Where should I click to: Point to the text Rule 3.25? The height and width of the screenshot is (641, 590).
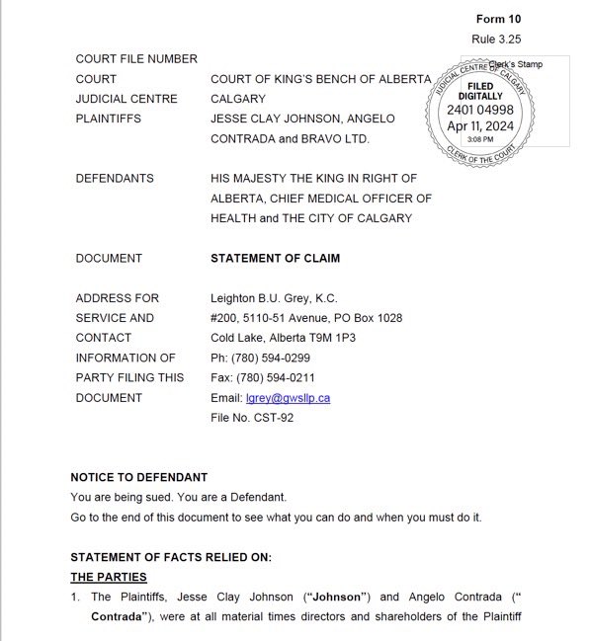tap(497, 39)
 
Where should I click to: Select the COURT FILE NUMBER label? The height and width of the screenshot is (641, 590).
tap(136, 58)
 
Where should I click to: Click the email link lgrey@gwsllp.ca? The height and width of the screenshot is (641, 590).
tap(288, 397)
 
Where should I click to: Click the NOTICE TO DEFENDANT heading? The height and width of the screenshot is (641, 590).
tap(139, 477)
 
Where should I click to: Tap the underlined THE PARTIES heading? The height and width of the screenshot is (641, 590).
tap(108, 576)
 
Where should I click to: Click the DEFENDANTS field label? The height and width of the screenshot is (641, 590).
tap(115, 178)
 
